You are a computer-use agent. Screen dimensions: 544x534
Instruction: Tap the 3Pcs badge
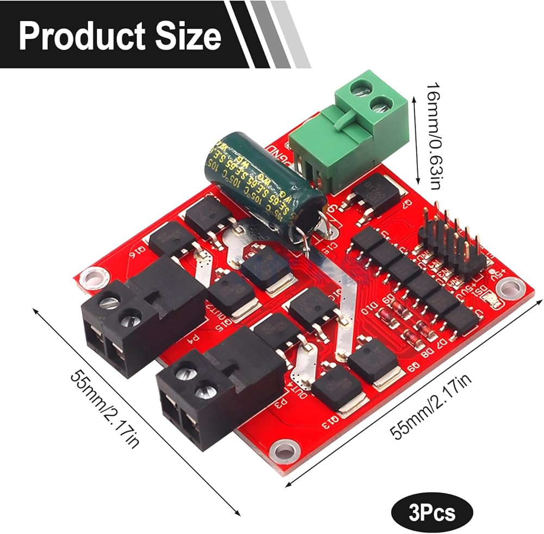[x=431, y=511]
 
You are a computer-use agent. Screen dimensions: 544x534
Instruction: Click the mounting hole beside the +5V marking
[x=509, y=285]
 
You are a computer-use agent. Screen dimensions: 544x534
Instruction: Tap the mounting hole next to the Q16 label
[x=94, y=278]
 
